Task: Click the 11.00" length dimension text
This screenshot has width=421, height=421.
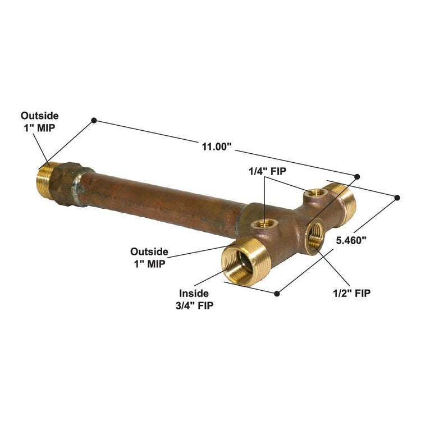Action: click(217, 147)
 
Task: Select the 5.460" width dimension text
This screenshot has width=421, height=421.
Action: click(351, 240)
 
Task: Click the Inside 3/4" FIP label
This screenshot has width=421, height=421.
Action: click(194, 299)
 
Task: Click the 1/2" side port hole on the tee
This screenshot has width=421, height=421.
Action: click(315, 236)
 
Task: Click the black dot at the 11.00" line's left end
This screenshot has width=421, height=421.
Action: click(94, 120)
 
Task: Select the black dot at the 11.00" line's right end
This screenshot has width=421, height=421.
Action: click(357, 175)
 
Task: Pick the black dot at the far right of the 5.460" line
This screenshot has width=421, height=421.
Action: click(397, 197)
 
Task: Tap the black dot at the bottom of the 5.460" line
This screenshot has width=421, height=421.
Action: click(277, 292)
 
